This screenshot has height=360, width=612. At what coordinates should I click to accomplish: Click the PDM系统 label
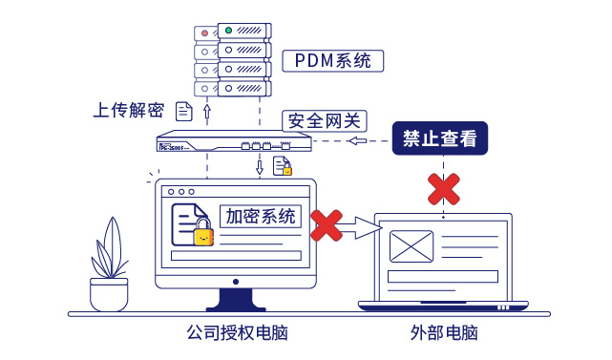tap(333, 61)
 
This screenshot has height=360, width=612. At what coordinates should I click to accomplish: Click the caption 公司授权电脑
tap(237, 334)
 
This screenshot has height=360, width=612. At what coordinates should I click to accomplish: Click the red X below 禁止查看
tap(442, 189)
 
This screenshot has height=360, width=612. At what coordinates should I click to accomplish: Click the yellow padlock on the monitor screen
tap(203, 234)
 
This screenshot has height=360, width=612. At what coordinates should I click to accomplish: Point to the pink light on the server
tap(203, 32)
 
